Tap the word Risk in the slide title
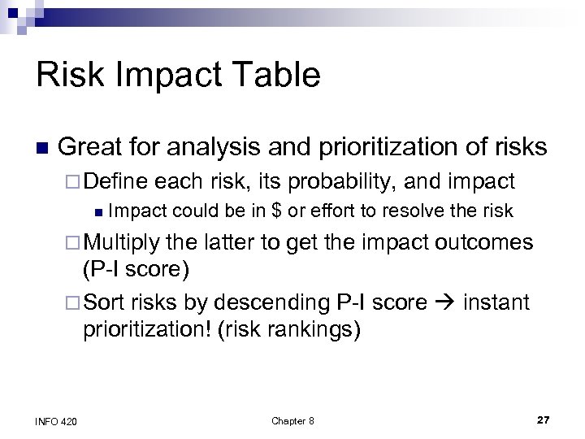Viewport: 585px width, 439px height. click(x=67, y=76)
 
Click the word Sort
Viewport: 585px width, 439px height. click(x=102, y=303)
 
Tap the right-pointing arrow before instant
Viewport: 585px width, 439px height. click(x=445, y=303)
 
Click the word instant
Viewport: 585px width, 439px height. click(x=496, y=303)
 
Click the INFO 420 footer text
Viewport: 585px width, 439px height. click(x=57, y=420)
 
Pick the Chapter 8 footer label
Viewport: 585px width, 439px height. click(x=292, y=420)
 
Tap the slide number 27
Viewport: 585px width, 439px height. click(x=543, y=419)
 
